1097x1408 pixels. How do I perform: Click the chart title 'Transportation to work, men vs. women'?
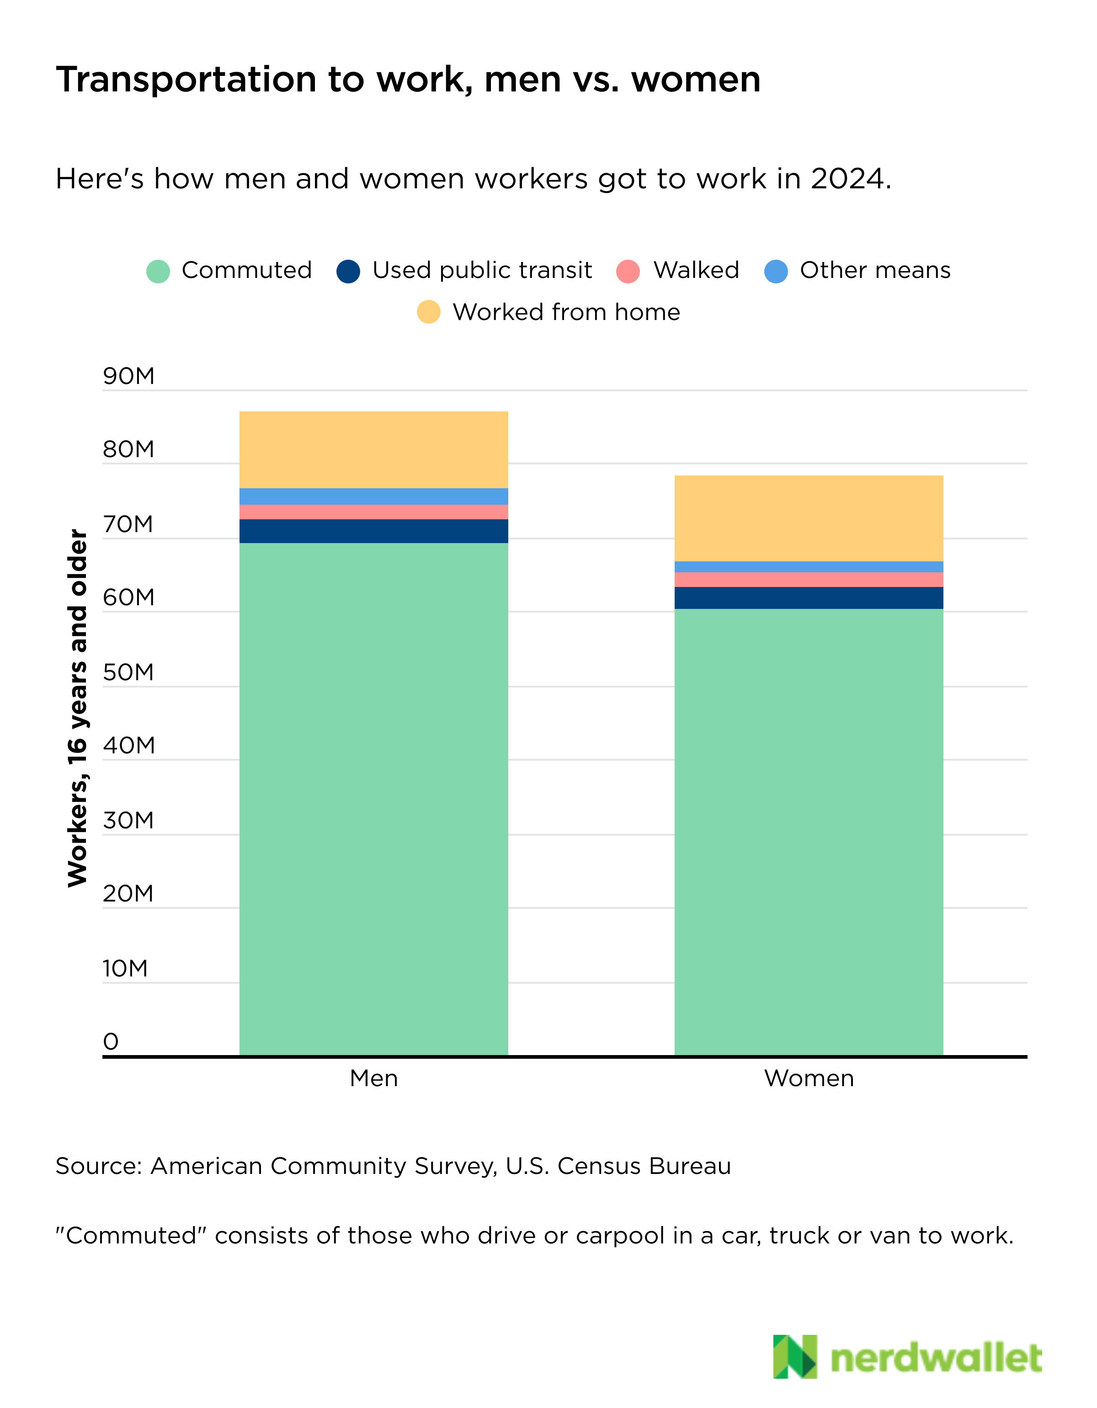coord(409,80)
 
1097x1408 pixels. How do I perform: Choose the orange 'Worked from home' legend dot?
coord(429,312)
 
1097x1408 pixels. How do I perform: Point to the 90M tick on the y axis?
coord(129,376)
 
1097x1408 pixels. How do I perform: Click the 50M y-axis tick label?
coord(129,672)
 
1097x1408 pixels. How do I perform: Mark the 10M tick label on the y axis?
coord(126,968)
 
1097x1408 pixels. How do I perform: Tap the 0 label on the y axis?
coord(111,1042)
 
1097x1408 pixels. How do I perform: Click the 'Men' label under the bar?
coord(374,1078)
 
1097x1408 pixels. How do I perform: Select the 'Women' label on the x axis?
coord(809,1078)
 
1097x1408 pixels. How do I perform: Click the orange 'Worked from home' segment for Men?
coord(374,450)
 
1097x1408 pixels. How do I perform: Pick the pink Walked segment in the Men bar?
coord(374,512)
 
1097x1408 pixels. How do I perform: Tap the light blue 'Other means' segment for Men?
coord(374,497)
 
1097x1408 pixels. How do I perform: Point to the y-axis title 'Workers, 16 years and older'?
coord(77,708)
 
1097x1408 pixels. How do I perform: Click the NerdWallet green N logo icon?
coord(795,1357)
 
